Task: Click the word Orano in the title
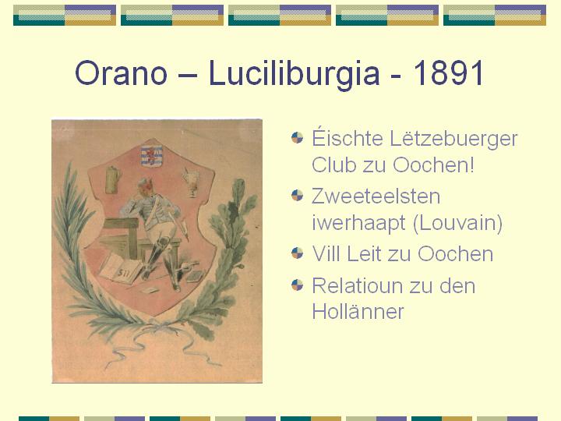(x=121, y=73)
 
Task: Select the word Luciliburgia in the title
(x=294, y=73)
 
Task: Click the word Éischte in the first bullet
(x=347, y=138)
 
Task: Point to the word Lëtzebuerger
(x=453, y=140)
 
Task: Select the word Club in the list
(x=333, y=165)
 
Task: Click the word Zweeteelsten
(x=376, y=196)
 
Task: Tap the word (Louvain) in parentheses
(x=457, y=224)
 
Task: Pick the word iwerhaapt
(x=359, y=224)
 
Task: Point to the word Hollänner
(x=358, y=311)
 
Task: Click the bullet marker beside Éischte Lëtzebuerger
(x=298, y=137)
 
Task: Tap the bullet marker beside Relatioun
(x=298, y=285)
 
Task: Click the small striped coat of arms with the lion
(x=152, y=156)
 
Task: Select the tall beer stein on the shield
(x=114, y=180)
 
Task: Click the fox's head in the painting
(x=146, y=189)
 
